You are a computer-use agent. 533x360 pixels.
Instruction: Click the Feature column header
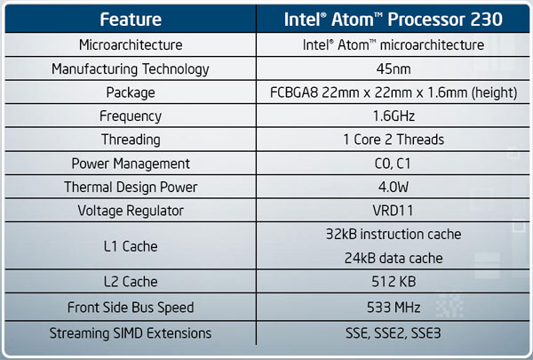(x=131, y=19)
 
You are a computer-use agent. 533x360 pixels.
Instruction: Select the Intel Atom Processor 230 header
(x=394, y=19)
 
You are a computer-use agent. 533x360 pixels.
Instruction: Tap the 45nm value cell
(x=394, y=69)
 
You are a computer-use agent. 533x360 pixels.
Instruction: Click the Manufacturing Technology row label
(x=131, y=69)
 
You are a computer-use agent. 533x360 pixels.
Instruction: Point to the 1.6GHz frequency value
(x=394, y=116)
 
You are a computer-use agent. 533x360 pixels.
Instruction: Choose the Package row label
(x=131, y=92)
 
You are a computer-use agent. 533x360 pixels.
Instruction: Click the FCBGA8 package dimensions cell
(x=394, y=92)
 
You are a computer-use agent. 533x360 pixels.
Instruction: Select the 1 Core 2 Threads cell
(x=394, y=140)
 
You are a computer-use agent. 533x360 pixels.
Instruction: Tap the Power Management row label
(x=131, y=164)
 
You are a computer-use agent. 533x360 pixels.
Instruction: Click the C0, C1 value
(x=393, y=164)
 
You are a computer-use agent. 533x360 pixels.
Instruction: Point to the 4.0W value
(x=394, y=187)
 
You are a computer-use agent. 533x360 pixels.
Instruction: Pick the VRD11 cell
(x=393, y=211)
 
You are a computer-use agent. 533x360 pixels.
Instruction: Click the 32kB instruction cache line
(x=394, y=234)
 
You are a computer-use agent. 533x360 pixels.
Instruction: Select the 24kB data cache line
(x=394, y=259)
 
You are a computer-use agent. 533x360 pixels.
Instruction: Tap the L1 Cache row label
(x=131, y=246)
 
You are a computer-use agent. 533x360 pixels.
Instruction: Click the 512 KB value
(x=394, y=282)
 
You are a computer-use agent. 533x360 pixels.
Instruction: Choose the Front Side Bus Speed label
(x=131, y=308)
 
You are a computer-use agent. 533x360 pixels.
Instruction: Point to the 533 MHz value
(x=394, y=308)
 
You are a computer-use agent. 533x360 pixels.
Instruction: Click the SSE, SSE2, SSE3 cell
(x=394, y=333)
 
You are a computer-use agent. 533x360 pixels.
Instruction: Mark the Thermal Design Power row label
(x=131, y=188)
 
